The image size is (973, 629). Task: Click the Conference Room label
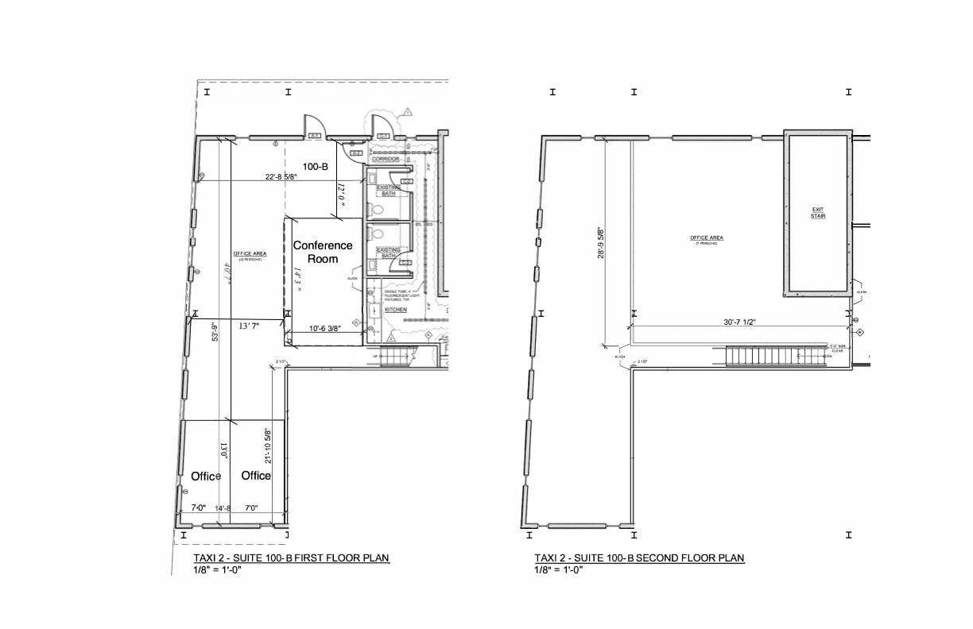(x=322, y=252)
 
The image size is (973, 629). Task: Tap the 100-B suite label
(x=316, y=165)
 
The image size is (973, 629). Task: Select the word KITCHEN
(x=396, y=310)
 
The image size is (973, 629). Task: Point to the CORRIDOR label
(x=385, y=159)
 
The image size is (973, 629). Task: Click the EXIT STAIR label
(x=818, y=213)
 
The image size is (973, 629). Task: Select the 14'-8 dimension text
(x=222, y=508)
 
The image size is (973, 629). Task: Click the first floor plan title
(x=292, y=558)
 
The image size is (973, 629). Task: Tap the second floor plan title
(x=639, y=558)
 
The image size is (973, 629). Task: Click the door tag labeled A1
(x=315, y=137)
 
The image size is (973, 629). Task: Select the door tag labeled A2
(x=355, y=152)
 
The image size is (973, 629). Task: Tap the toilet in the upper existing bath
(x=377, y=210)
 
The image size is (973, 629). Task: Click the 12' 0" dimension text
(x=340, y=195)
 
